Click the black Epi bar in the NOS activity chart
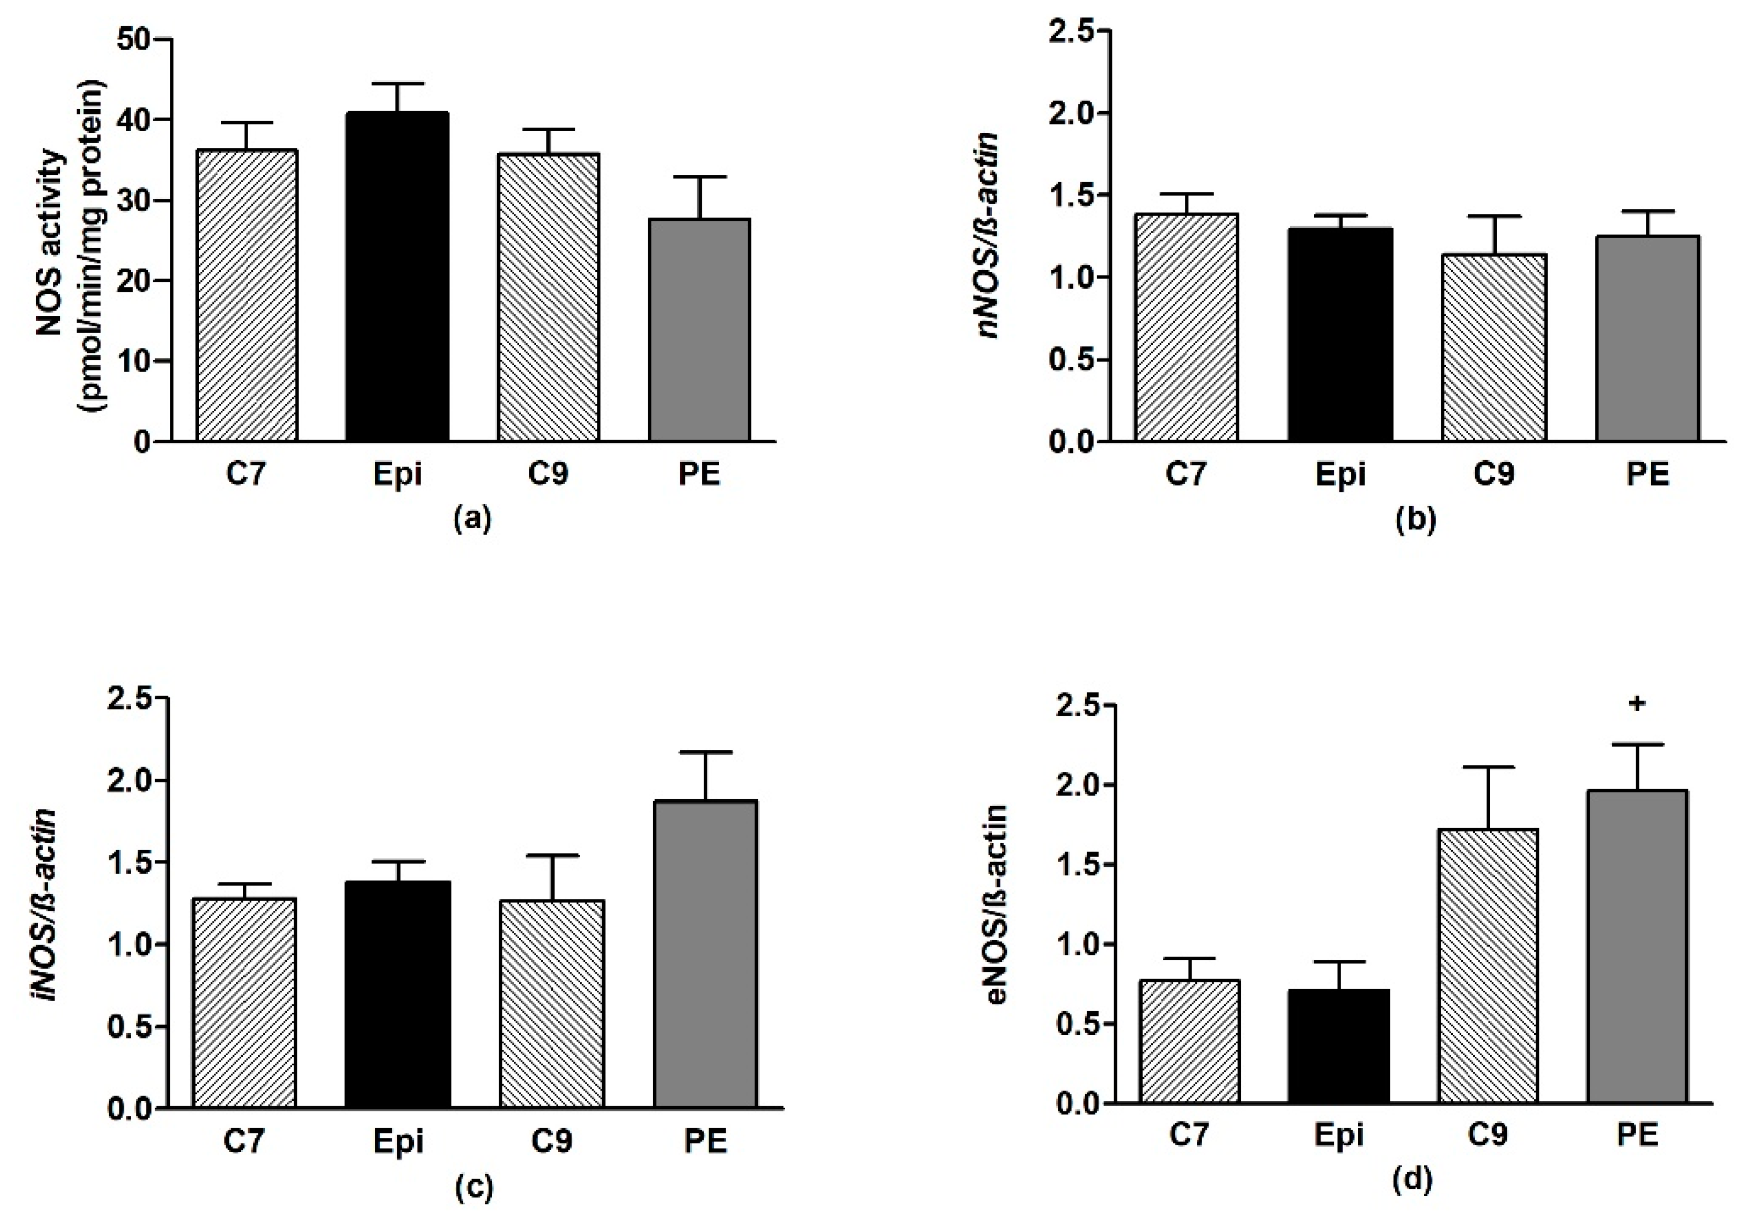click(397, 278)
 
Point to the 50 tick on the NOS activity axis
click(135, 39)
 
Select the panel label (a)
click(472, 519)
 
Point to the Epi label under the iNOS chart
click(398, 1142)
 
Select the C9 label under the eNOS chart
click(1487, 1136)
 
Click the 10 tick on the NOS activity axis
click(135, 362)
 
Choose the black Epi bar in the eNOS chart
click(1338, 1046)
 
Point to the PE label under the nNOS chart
click(1647, 474)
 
